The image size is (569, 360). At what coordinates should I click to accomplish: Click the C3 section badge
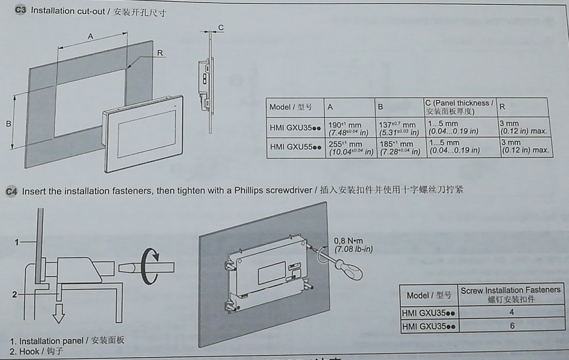(20, 10)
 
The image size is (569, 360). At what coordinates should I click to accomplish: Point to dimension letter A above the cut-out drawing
(90, 36)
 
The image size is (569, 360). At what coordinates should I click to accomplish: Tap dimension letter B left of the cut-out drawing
(8, 123)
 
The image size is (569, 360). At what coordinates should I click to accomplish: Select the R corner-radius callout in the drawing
(160, 53)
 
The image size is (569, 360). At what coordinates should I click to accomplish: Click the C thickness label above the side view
(221, 27)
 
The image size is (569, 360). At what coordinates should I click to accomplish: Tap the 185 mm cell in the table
(399, 148)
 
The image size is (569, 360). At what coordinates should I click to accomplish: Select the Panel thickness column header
(459, 107)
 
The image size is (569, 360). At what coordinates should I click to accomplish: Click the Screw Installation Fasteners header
(510, 295)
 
